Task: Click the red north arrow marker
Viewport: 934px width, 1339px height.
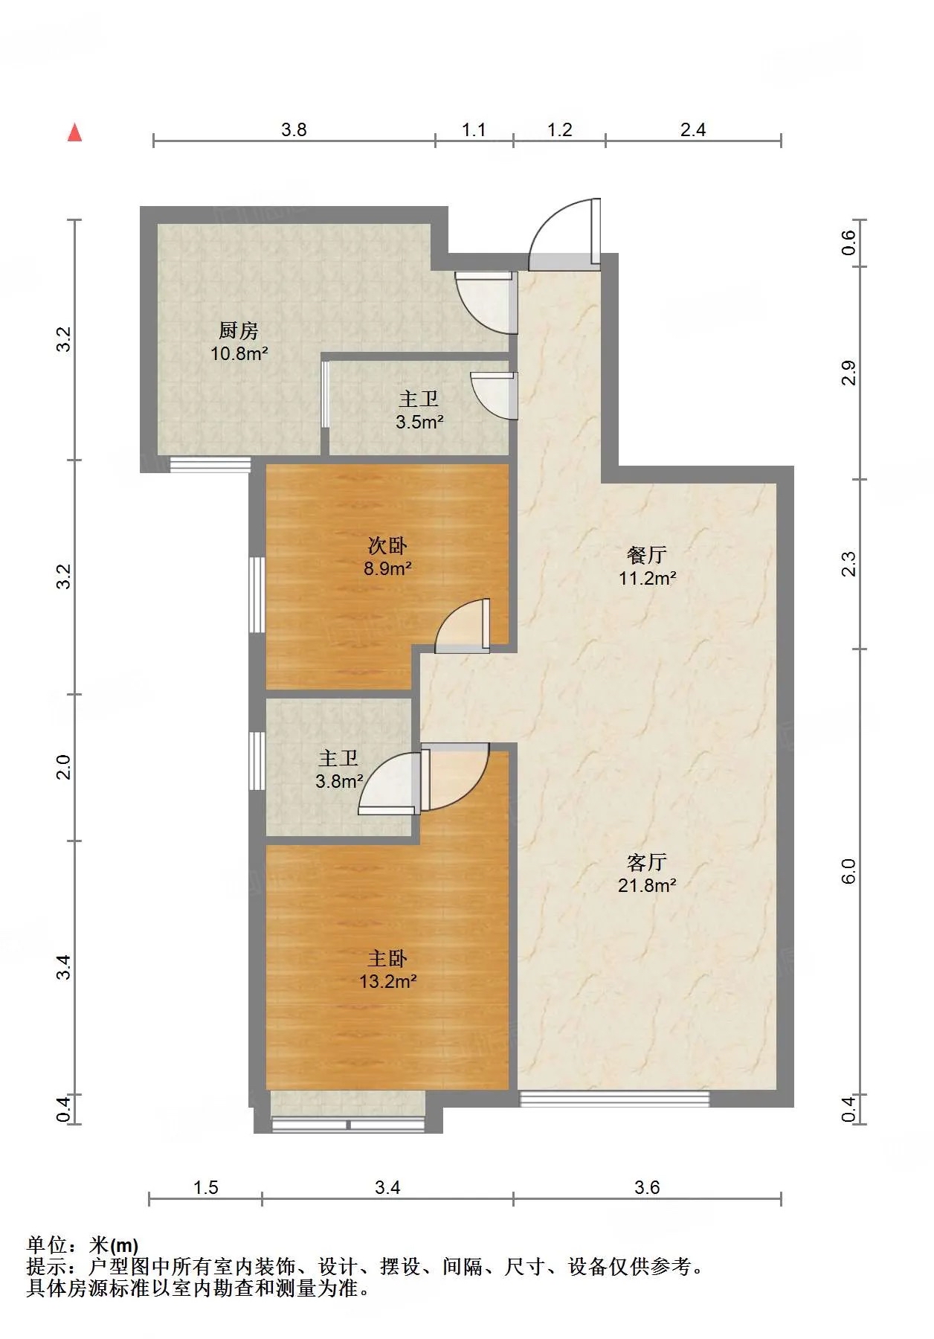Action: click(x=74, y=132)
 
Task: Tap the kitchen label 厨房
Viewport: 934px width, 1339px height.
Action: click(x=239, y=330)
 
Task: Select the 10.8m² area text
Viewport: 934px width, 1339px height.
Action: click(x=239, y=353)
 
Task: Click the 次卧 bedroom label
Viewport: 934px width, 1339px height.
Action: click(x=387, y=546)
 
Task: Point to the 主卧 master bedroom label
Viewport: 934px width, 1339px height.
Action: click(x=387, y=958)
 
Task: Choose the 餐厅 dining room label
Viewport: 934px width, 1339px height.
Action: click(x=647, y=555)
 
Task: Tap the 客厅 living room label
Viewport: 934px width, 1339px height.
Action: click(x=647, y=862)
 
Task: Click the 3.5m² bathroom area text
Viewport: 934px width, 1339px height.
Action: click(x=419, y=423)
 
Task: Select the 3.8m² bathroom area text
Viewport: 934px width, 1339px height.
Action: click(x=339, y=781)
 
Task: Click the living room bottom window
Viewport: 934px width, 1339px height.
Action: click(x=614, y=1098)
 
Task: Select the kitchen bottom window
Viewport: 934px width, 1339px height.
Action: click(x=210, y=464)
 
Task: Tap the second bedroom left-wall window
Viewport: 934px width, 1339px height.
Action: click(x=257, y=594)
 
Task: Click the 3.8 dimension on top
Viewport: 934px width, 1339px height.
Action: click(x=294, y=130)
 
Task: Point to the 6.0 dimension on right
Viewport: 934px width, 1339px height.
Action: click(x=849, y=871)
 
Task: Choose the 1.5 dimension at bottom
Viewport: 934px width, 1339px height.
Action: click(x=206, y=1187)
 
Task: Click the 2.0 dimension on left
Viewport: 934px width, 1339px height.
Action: click(x=65, y=767)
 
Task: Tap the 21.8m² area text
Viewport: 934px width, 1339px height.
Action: click(x=647, y=885)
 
